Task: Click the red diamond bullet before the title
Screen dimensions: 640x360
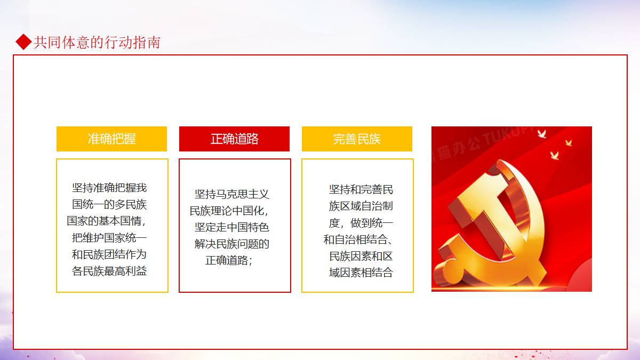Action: [x=23, y=42]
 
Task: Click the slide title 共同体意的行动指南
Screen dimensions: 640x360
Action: [x=97, y=42]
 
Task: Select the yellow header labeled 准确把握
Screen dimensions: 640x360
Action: [x=111, y=139]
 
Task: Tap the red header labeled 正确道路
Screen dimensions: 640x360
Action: [x=234, y=139]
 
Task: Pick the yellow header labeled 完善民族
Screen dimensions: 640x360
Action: [x=357, y=139]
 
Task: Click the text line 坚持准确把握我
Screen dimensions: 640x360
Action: [x=109, y=188]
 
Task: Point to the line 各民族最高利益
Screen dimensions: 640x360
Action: [x=109, y=271]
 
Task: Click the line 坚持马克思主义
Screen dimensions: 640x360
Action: [x=232, y=194]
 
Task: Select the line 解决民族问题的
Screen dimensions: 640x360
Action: [x=232, y=244]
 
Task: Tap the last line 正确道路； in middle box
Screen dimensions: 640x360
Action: [x=229, y=260]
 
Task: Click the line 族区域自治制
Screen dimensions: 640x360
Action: [x=361, y=206]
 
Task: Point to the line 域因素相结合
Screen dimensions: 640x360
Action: [x=361, y=273]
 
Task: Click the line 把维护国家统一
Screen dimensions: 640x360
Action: [x=109, y=238]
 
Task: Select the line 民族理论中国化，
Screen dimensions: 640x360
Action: [x=229, y=211]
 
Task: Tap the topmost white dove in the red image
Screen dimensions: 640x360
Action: [x=542, y=134]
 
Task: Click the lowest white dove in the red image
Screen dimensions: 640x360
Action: [x=554, y=155]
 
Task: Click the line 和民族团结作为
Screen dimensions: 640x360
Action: [x=109, y=254]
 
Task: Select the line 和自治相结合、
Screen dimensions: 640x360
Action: [x=358, y=239]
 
